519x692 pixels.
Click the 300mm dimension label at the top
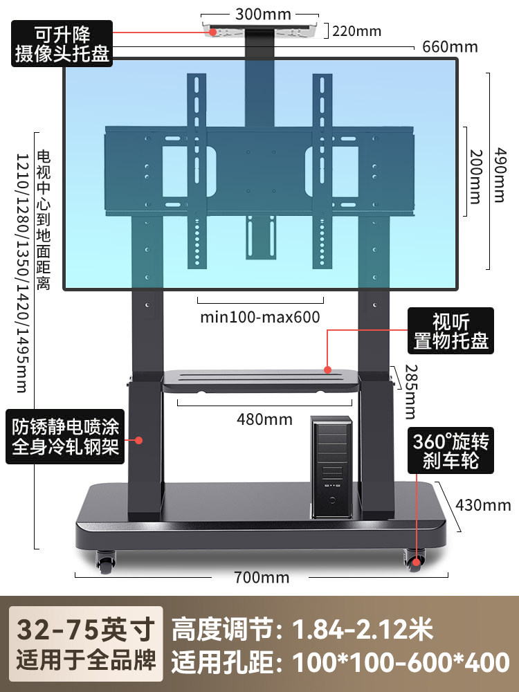click(263, 14)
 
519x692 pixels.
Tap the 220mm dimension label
click(357, 30)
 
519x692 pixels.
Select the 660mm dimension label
click(450, 47)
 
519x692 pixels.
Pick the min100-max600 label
click(259, 318)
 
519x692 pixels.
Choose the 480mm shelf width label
click(265, 419)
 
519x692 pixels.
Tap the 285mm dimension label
click(410, 391)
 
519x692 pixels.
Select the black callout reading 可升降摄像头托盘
click(62, 44)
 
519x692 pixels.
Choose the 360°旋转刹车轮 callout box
click(451, 450)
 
